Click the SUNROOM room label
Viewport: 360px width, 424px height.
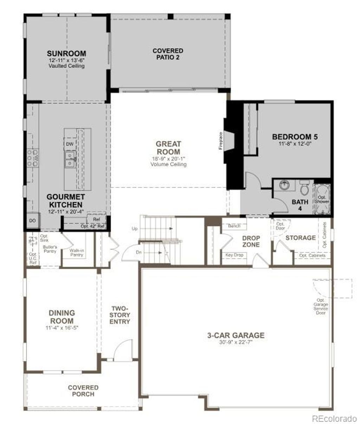tap(66, 54)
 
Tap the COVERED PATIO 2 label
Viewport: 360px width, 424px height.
tap(168, 54)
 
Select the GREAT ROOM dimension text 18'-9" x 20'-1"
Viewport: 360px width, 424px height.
tap(168, 159)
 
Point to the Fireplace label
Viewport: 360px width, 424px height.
tap(221, 141)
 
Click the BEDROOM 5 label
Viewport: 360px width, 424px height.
tap(292, 137)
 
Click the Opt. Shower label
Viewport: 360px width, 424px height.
tap(322, 200)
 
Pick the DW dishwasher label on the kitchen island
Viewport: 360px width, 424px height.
tap(70, 144)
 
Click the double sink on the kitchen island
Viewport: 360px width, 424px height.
tap(70, 159)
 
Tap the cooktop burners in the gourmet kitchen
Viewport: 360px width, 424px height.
tap(33, 158)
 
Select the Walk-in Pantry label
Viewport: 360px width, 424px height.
tap(76, 252)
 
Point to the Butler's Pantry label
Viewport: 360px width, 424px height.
tap(50, 249)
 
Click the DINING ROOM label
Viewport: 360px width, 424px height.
tap(62, 317)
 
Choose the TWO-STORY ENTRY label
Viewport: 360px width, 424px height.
tap(120, 315)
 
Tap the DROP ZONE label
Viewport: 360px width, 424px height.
tap(251, 241)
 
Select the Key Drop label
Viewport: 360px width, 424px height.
tap(234, 255)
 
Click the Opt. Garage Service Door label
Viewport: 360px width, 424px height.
tap(321, 306)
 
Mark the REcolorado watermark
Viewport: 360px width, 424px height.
tap(334, 418)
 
